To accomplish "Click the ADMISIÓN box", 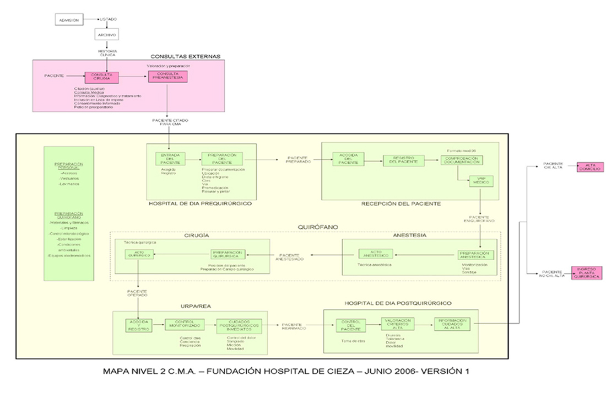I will point(69,20).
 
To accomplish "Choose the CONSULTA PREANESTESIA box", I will point(167,76).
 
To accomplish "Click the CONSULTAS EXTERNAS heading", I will point(186,56).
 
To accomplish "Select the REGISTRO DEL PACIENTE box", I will point(404,160).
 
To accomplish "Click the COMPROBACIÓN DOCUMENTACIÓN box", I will point(461,160).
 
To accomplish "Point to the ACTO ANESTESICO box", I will point(375,254).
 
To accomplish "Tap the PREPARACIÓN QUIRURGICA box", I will point(227,254).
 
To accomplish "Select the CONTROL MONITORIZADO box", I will point(185,324).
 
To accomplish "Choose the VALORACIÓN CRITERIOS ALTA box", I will point(397,324).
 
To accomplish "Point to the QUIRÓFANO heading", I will point(315,227).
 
